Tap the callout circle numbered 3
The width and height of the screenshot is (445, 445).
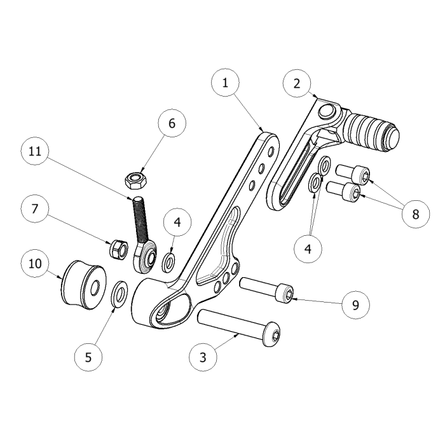click(x=203, y=357)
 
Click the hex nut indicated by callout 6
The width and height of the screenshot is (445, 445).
click(x=135, y=181)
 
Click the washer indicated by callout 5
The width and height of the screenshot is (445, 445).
click(x=119, y=294)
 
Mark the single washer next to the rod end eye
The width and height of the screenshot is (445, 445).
click(x=168, y=261)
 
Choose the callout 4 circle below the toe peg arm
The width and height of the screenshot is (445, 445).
click(x=308, y=249)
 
